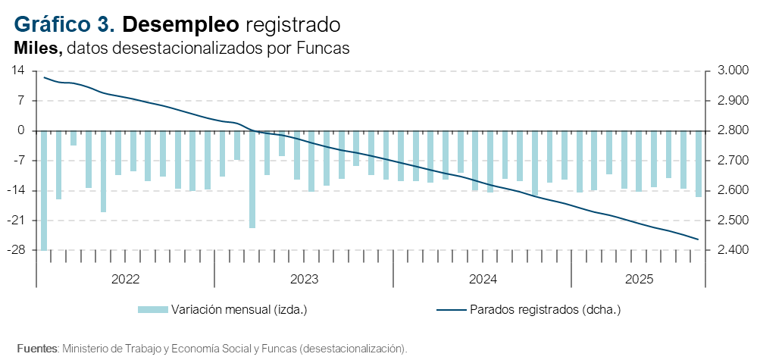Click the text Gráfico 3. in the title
click(x=64, y=24)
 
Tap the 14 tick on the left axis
click(x=18, y=70)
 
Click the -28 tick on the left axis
click(x=16, y=250)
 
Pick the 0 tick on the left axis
click(x=21, y=130)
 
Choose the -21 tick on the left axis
click(x=16, y=221)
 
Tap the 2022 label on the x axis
click(x=125, y=279)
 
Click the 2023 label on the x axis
click(x=304, y=279)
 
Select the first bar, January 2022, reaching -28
click(x=44, y=189)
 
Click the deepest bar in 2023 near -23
click(x=252, y=179)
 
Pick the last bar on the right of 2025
click(x=698, y=163)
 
